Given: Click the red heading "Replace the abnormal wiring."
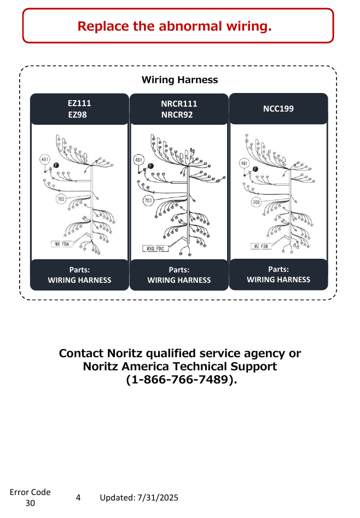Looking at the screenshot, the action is [x=175, y=26].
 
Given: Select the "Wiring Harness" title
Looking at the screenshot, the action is [x=180, y=80].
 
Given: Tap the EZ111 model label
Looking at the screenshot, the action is [x=79, y=103].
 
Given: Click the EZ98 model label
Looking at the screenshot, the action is [x=77, y=115].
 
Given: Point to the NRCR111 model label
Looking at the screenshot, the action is [x=179, y=104].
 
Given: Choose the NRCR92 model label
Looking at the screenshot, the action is [x=177, y=115].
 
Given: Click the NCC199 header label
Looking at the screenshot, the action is [x=278, y=109].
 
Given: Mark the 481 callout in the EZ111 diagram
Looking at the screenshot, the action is [x=45, y=160].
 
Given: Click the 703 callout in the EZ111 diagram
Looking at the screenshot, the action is [x=61, y=199].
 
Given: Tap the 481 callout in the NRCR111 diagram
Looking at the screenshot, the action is [x=138, y=160].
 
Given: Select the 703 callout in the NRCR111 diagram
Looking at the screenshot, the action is [x=148, y=200].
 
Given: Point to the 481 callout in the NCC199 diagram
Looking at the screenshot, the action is [x=244, y=163].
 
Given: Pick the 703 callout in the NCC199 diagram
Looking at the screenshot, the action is [x=256, y=202].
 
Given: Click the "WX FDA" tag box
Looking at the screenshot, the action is [x=62, y=244].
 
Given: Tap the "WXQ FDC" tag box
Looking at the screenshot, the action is [x=155, y=248].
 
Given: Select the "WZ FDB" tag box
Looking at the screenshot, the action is [x=261, y=246].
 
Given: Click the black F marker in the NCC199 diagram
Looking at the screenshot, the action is [x=255, y=169].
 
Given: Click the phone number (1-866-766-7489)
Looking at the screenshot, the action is [x=182, y=379].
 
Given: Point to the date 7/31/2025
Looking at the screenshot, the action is [x=158, y=498].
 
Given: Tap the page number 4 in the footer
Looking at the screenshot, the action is [x=78, y=498].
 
